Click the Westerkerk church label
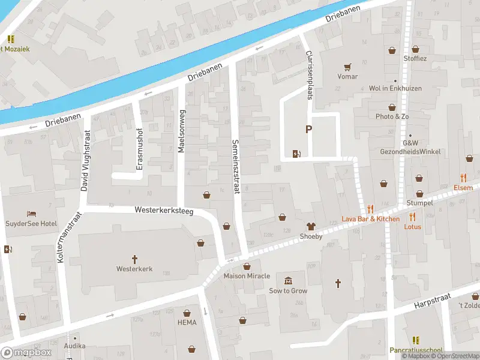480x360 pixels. click(x=134, y=269)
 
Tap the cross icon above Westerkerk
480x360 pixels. click(x=134, y=259)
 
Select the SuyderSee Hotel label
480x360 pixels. click(x=32, y=223)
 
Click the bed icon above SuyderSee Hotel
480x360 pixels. click(x=31, y=214)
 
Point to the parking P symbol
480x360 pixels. click(x=309, y=129)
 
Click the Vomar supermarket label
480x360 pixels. click(x=347, y=76)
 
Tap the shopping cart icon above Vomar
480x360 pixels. click(x=347, y=67)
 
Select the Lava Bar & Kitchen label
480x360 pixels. click(x=370, y=219)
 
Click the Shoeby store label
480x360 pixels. click(x=311, y=236)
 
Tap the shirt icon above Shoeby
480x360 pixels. click(x=311, y=226)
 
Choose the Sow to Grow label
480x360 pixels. click(x=288, y=291)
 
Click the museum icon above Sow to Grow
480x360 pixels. click(x=288, y=281)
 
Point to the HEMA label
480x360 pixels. click(x=187, y=322)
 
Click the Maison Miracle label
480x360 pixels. click(x=247, y=276)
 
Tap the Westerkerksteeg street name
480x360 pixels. click(x=164, y=211)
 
